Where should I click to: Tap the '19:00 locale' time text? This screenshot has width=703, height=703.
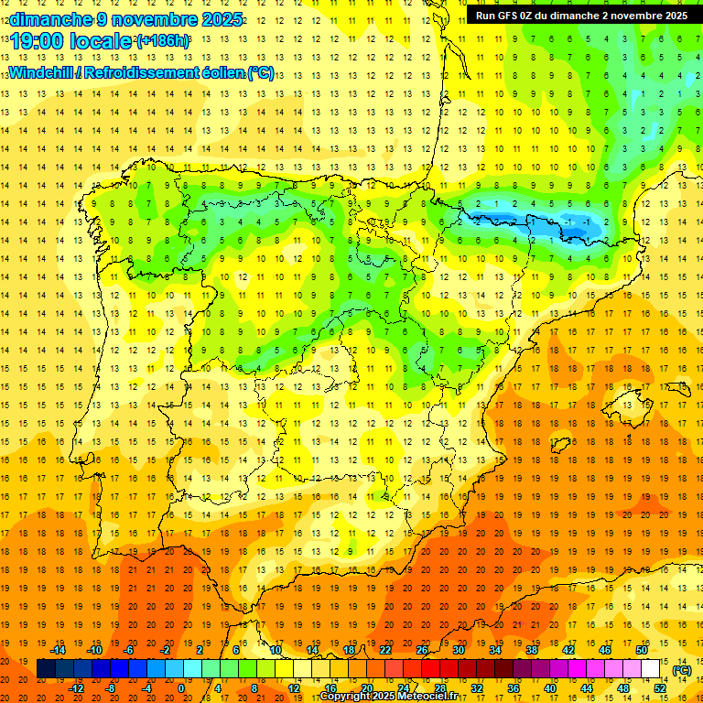71,41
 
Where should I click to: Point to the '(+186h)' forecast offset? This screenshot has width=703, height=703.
163,41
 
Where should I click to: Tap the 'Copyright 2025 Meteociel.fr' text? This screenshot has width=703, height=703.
388,697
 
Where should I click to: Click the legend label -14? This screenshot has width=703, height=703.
59,650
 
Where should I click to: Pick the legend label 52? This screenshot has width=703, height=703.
660,688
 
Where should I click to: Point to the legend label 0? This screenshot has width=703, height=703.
181,688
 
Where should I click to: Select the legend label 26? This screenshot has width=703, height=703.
422,650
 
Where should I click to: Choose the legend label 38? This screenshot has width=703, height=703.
531,650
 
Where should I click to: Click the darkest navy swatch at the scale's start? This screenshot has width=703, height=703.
46,669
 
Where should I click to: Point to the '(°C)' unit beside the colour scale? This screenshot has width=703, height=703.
682,671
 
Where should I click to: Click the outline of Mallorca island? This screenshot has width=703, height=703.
635,400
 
